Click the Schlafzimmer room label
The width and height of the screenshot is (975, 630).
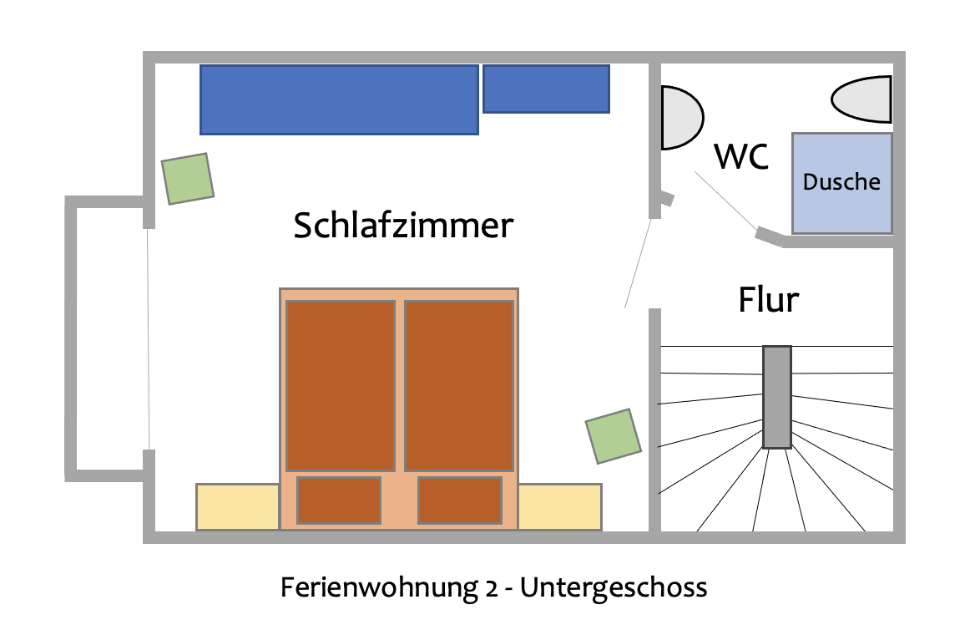point(402,226)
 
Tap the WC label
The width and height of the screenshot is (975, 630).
point(741,157)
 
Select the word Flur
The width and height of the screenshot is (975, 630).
point(769,300)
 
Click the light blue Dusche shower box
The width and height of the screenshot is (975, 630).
point(841,182)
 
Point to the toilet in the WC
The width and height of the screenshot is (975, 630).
point(861,99)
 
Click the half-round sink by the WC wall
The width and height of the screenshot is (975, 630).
point(679,118)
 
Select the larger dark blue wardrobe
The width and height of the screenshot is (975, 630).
point(339,99)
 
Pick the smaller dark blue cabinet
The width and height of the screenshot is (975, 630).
point(546,89)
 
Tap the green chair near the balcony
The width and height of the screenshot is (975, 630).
point(188,178)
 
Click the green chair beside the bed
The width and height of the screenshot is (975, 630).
point(614,435)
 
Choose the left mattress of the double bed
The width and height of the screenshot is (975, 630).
point(341,385)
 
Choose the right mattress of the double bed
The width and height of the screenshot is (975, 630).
point(459,385)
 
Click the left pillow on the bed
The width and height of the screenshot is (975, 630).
point(339,500)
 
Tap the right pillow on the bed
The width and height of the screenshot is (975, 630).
point(460,500)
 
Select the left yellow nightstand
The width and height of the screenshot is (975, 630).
point(237,506)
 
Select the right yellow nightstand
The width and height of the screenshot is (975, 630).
point(560,506)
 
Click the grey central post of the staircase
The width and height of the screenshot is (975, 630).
point(776,396)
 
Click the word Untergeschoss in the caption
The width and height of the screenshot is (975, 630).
point(614,587)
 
